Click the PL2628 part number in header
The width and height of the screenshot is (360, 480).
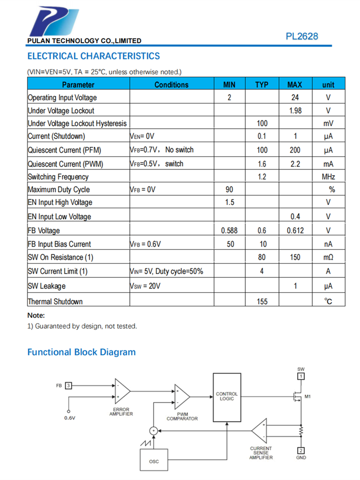(x=302, y=36)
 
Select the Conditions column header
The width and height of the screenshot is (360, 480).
(x=171, y=84)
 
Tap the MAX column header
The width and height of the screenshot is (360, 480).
(x=295, y=84)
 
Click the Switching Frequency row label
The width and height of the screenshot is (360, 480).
(x=58, y=177)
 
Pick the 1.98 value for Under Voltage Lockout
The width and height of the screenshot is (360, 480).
(x=295, y=111)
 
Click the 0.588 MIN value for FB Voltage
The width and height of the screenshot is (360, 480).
(x=229, y=230)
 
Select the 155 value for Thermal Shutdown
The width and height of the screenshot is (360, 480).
(x=262, y=301)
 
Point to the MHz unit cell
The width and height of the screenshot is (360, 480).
(x=328, y=177)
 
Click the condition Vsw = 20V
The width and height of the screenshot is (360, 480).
(x=145, y=286)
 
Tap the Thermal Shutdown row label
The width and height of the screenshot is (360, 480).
(x=55, y=301)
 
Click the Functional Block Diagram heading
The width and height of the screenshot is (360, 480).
(x=81, y=352)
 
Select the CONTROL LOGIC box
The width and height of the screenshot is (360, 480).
(x=227, y=397)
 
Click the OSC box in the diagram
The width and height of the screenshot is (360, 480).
(x=154, y=461)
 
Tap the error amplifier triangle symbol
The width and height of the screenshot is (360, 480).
(x=121, y=391)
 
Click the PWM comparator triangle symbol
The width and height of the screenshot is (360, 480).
(x=181, y=396)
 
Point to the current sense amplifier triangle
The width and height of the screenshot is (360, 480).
(x=260, y=431)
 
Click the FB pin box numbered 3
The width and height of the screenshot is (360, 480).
(x=69, y=385)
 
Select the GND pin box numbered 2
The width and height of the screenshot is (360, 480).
(x=301, y=450)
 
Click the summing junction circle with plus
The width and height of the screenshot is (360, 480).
(x=153, y=431)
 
